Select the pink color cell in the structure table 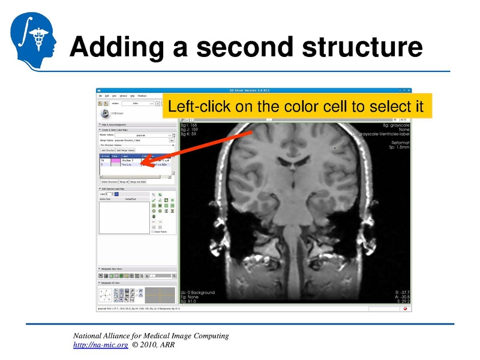pos(115,160)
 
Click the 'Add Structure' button pos(107,150)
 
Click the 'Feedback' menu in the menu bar pos(142,95)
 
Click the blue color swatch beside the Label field pos(116,194)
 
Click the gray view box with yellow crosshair pos(160,295)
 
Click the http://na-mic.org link pos(100,345)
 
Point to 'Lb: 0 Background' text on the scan pos(197,293)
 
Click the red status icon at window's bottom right pos(406,309)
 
